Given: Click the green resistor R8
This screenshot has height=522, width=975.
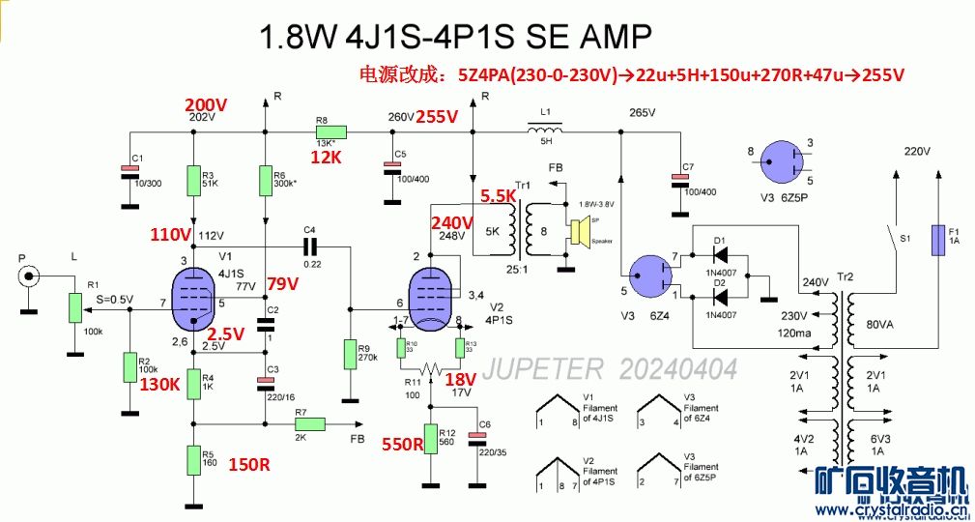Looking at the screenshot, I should click(330, 132).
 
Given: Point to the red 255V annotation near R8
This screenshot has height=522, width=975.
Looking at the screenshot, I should click(437, 117).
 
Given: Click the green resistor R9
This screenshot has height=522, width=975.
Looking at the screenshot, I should click(350, 355).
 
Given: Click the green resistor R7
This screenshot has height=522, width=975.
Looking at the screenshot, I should click(309, 423).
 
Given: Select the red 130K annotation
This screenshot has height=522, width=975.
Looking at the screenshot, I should click(160, 384).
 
